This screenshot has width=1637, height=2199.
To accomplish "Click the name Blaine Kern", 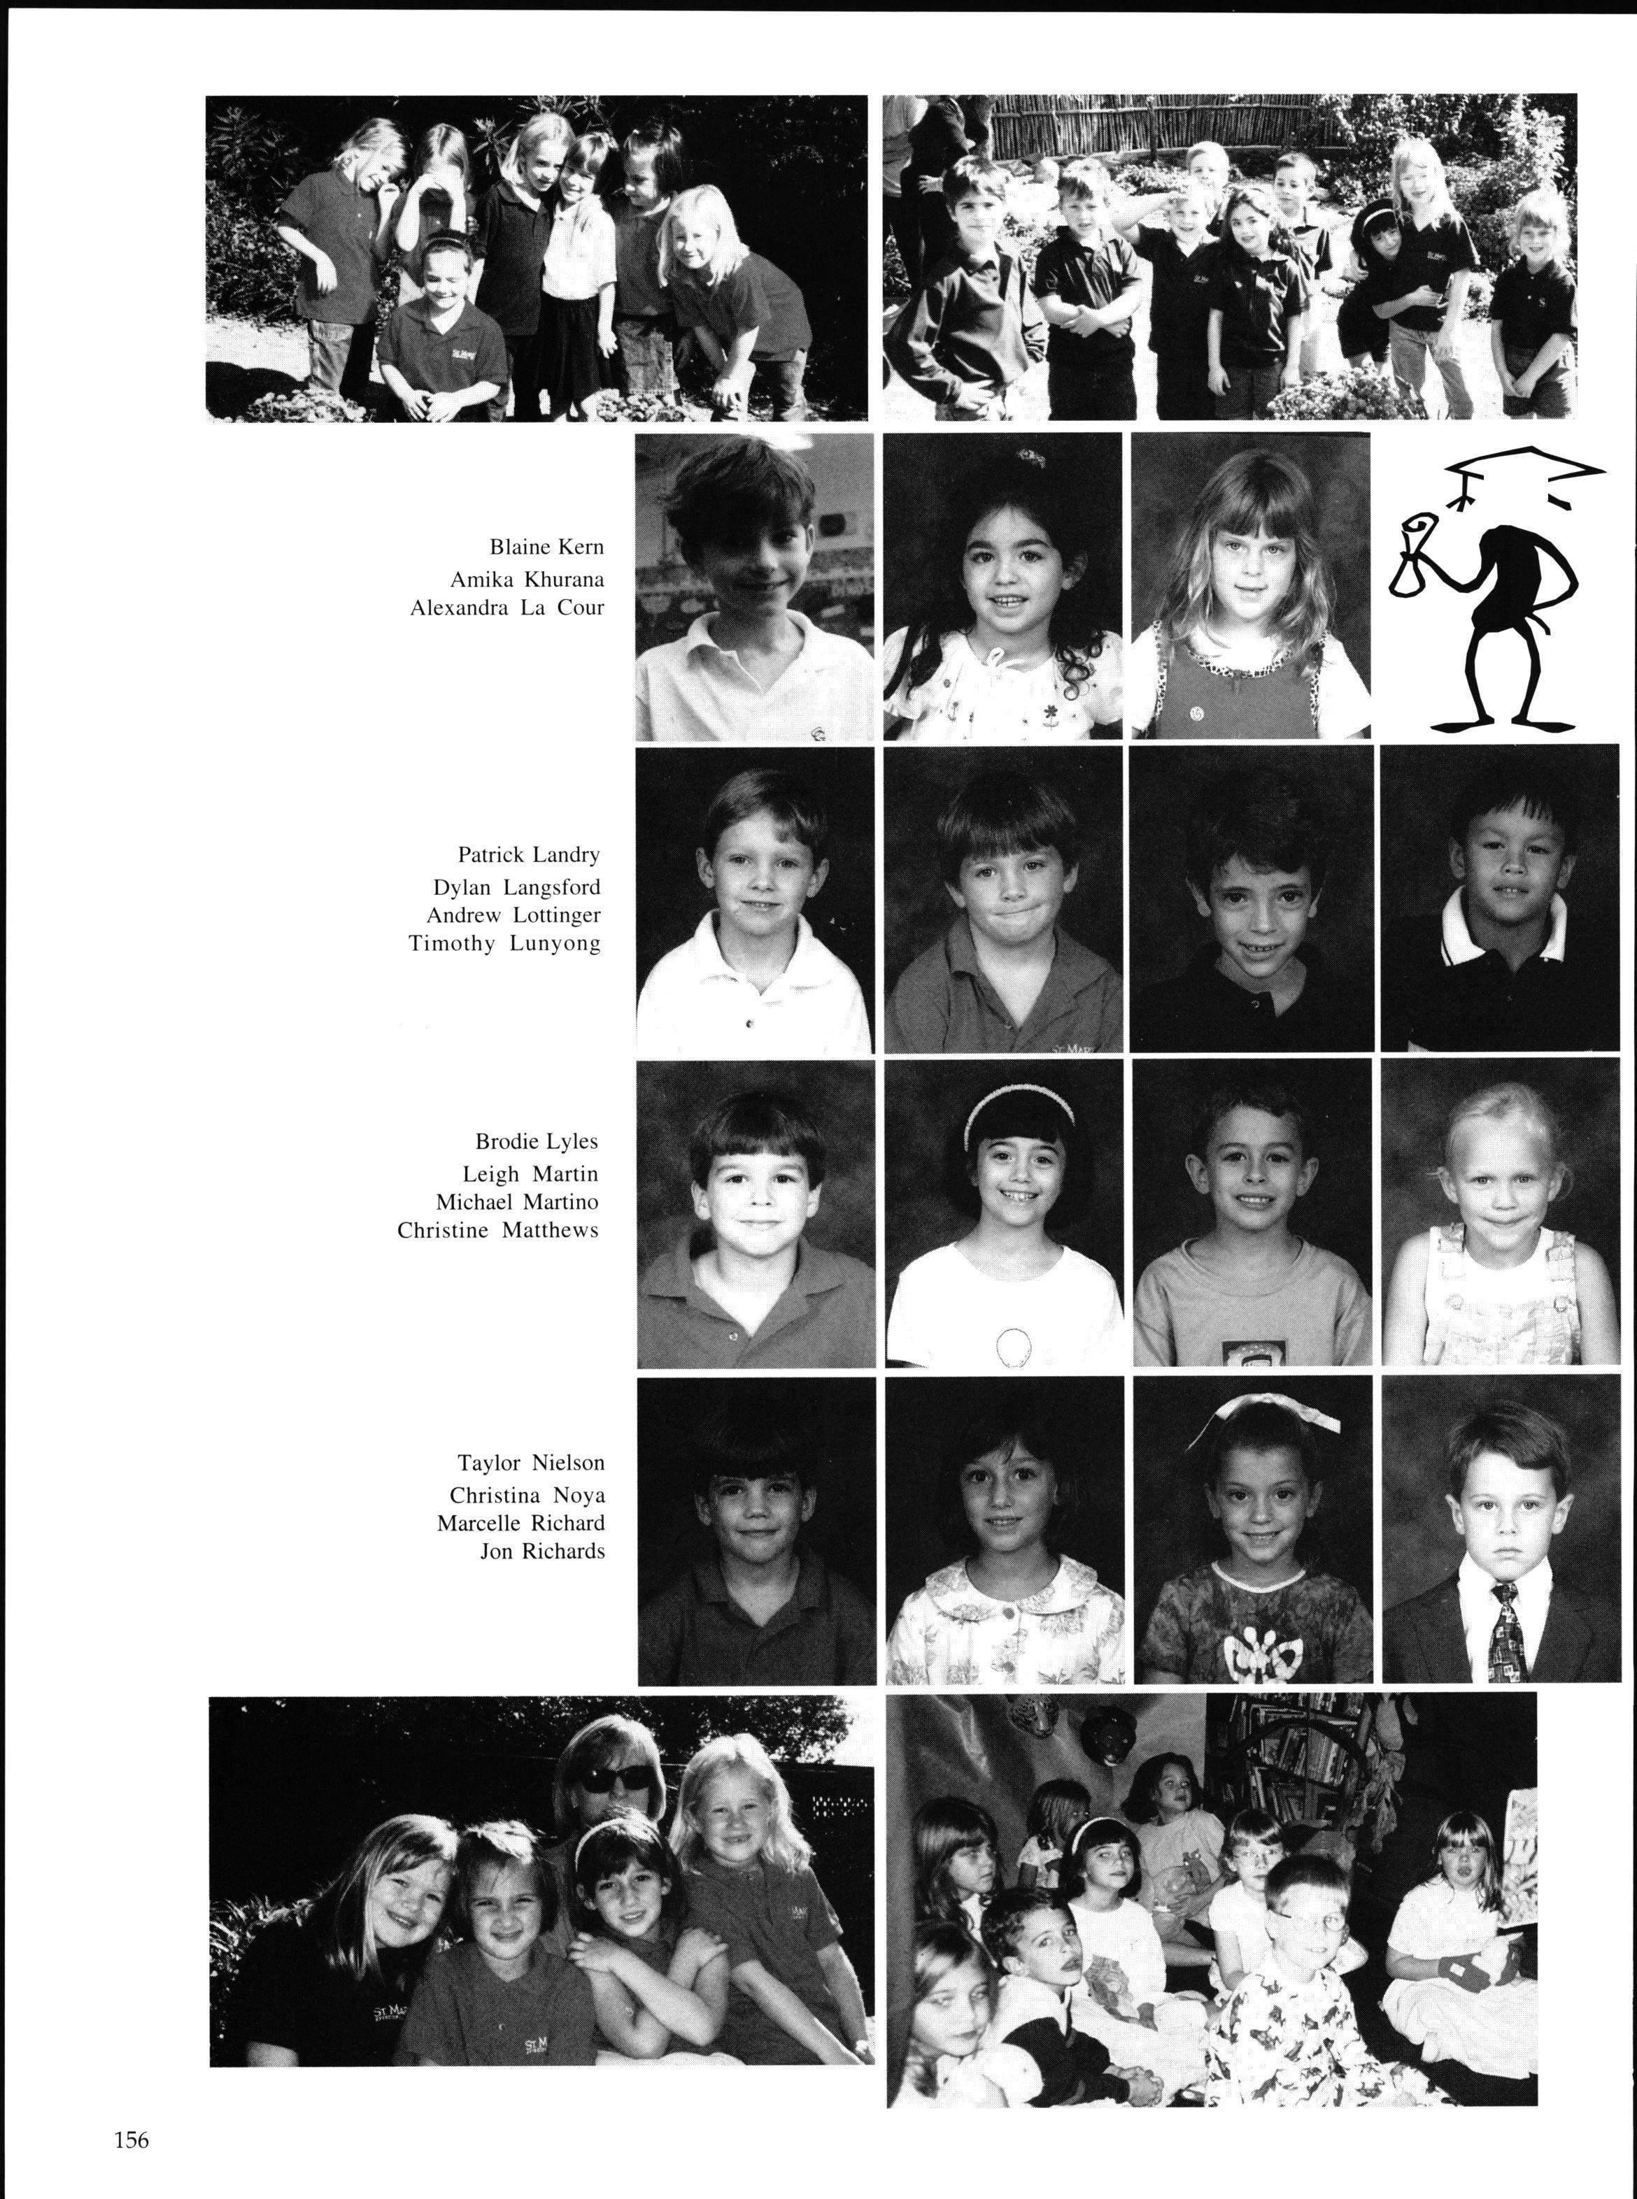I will tap(546, 547).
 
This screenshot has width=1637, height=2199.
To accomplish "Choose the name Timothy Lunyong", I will tap(504, 943).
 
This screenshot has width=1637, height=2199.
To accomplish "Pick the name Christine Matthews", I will tap(497, 1231).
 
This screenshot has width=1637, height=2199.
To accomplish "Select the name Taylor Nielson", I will tap(530, 1463).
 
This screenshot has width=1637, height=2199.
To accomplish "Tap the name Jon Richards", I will tap(542, 1551).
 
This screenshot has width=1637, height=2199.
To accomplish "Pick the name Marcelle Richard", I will tap(520, 1522).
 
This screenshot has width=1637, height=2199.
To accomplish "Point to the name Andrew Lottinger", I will tap(513, 915).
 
